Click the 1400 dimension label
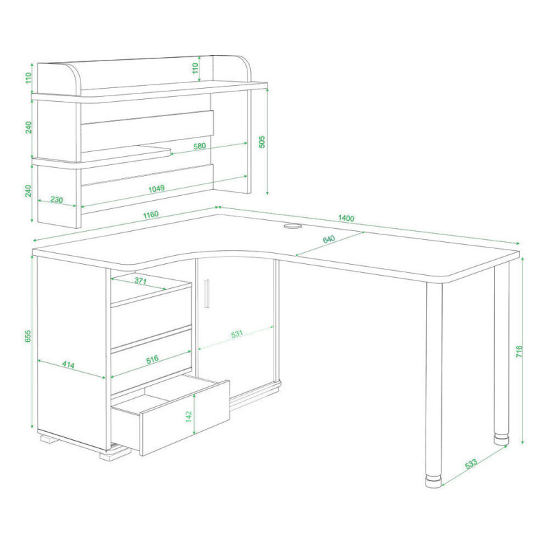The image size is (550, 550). pos(346,218)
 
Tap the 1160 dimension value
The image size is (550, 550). pos(151,214)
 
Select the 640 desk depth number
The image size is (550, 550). pos(329,239)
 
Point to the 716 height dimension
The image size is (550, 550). pos(519,351)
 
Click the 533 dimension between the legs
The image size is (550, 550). pos(471,463)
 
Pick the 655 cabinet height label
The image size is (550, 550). pos(28,336)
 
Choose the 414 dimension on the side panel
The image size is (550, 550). pos(68,365)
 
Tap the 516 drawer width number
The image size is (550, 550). pos(152,359)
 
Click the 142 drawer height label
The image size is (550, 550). pos(188,417)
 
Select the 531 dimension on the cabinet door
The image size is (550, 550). pos(236,334)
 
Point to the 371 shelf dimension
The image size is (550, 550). pos(140,280)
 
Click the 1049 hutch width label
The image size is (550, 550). pos(157,188)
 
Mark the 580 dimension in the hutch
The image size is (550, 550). pos(199,146)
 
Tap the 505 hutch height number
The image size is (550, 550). pos(262,142)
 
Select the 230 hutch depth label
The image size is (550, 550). pos(56,199)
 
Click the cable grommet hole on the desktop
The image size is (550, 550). pos(292,226)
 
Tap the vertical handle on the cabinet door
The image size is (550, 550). pos(207,294)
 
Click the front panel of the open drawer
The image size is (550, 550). pos(185,417)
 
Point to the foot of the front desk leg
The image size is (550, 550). pos(434,481)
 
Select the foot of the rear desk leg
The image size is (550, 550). pos(502,439)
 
